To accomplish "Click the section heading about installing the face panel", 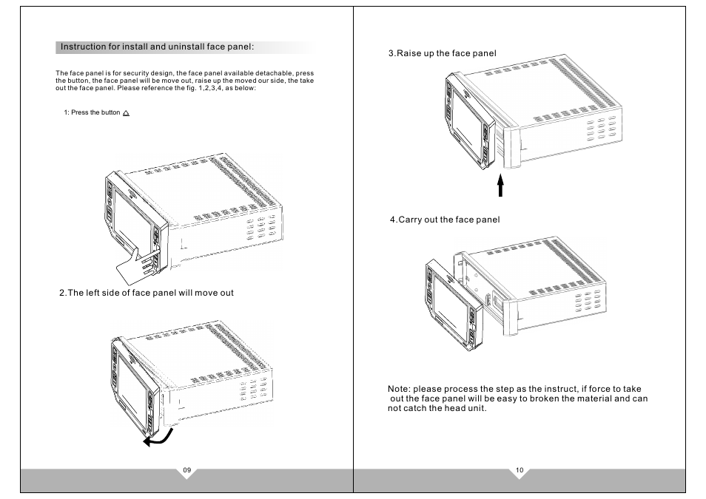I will coord(157,47).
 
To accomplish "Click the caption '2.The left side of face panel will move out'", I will coord(147,293).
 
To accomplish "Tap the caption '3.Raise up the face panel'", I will coord(442,53).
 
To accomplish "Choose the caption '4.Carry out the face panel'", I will coord(445,220).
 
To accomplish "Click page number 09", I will coord(187,470).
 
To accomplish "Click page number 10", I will coord(520,470).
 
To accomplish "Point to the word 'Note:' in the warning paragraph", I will coord(399,389).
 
